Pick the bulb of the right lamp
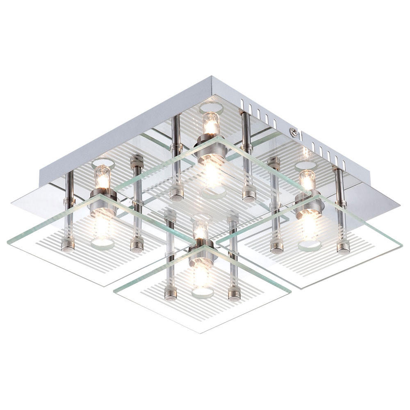(307, 180)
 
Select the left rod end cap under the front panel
(171, 293)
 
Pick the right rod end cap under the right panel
(343, 247)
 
